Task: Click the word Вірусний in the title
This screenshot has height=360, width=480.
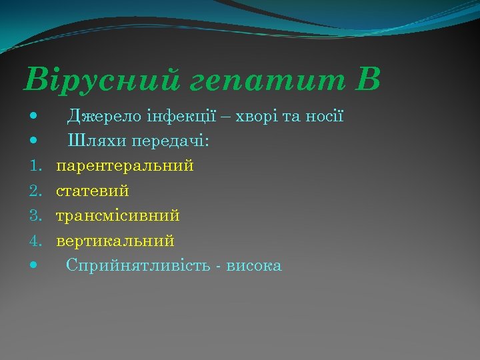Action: click(x=101, y=80)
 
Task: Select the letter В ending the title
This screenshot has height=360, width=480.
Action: click(x=368, y=79)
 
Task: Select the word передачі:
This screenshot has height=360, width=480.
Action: click(x=170, y=141)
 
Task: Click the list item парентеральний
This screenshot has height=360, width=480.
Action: click(x=125, y=166)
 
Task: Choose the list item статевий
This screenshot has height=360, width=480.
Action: click(x=93, y=191)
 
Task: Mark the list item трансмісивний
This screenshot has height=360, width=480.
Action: click(x=118, y=216)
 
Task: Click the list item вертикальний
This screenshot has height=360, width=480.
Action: click(x=115, y=241)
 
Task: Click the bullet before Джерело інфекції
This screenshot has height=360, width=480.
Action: click(x=33, y=117)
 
